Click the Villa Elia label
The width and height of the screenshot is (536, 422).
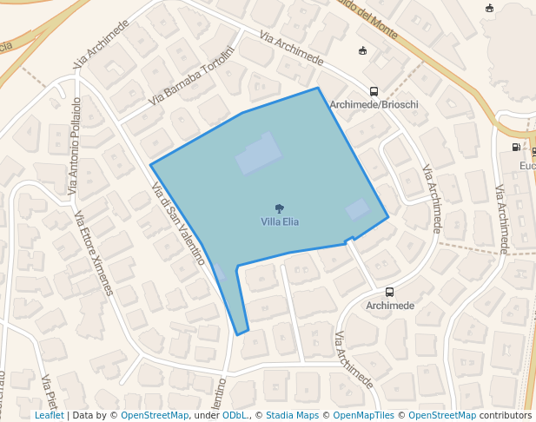click(x=280, y=221)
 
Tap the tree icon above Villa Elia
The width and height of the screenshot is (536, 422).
click(x=279, y=208)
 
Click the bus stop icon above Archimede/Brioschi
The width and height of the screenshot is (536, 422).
click(x=374, y=91)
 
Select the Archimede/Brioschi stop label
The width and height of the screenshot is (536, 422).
click(x=374, y=104)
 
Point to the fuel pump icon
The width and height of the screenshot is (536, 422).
click(x=517, y=148)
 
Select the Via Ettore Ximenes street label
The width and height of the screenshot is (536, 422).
click(x=93, y=253)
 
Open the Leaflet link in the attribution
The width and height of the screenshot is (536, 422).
click(x=49, y=415)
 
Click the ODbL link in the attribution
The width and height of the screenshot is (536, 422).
click(x=235, y=415)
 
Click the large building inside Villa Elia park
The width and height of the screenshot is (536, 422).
click(x=259, y=154)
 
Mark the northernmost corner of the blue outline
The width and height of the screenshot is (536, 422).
click(x=318, y=88)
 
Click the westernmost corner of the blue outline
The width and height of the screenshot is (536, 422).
click(x=151, y=165)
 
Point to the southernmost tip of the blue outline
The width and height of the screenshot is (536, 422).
click(x=239, y=333)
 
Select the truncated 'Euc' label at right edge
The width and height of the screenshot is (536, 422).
click(x=526, y=166)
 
